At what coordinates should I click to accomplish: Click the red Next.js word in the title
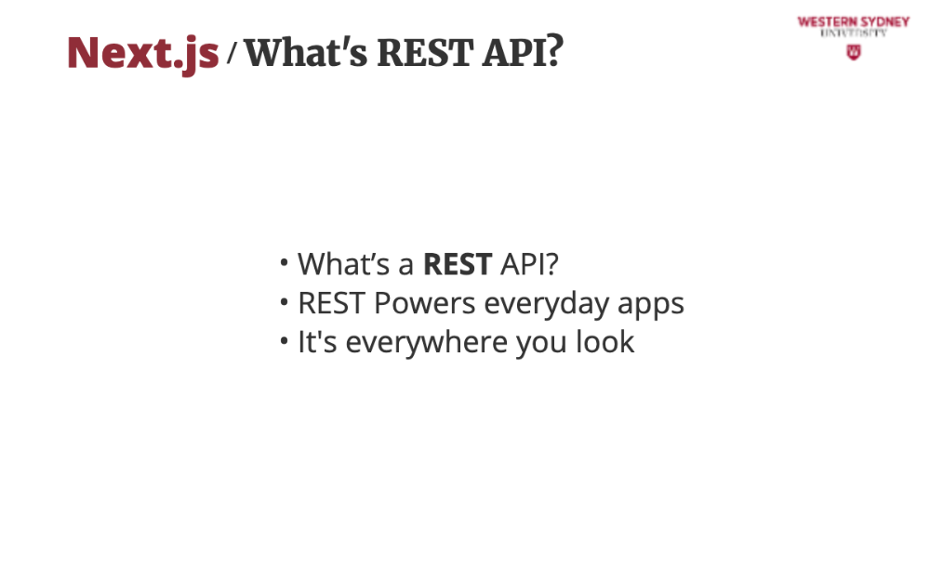(143, 54)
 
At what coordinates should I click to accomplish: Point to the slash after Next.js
(232, 52)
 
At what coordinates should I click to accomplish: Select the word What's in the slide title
(306, 52)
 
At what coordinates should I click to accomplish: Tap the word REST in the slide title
(425, 52)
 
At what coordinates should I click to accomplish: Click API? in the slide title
(523, 52)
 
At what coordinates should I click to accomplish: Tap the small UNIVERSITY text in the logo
(854, 33)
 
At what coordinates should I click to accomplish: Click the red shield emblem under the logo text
(854, 52)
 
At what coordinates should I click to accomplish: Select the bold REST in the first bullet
(458, 264)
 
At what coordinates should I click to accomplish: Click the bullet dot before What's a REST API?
(284, 262)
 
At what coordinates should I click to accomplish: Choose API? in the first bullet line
(529, 264)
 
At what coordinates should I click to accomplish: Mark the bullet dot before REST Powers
(284, 301)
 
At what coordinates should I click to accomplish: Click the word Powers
(425, 303)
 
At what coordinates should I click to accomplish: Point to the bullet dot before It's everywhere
(284, 341)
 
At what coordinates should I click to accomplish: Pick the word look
(605, 342)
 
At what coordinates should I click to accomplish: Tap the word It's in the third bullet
(317, 342)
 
